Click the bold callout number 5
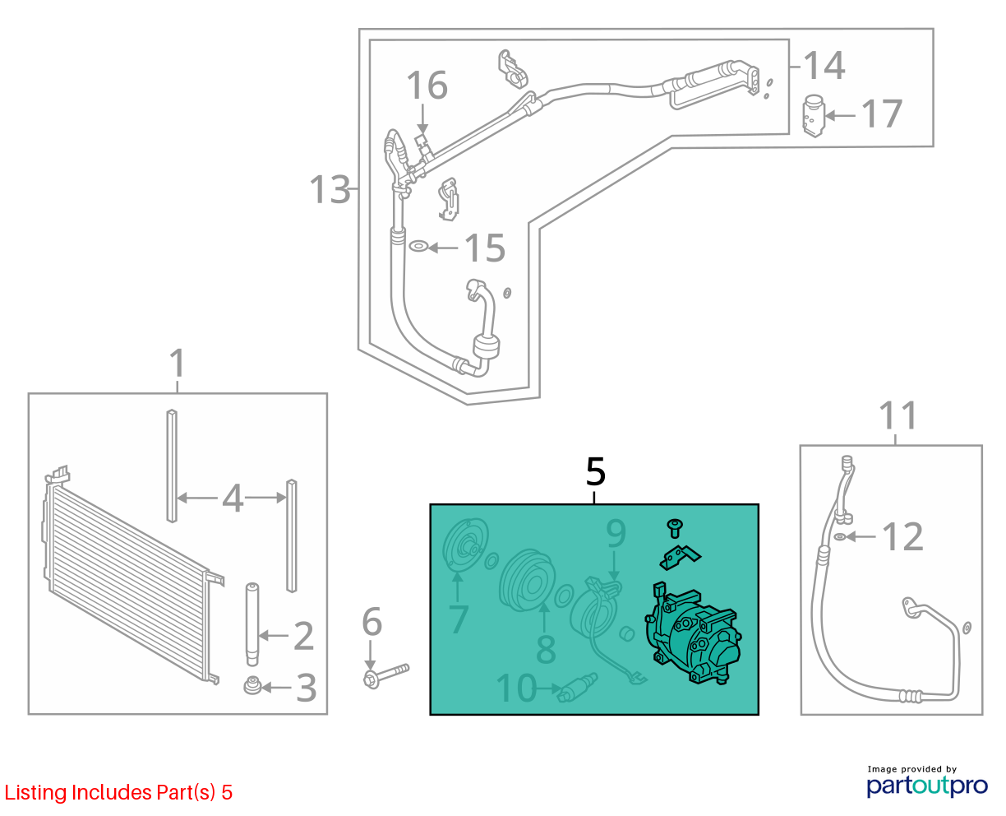coord(595,471)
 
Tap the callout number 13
coord(330,189)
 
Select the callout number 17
coord(881,114)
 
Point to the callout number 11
coord(898,415)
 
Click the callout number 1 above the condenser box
coord(177,363)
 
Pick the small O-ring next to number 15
coord(418,246)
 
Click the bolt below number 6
coord(385,675)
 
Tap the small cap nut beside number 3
coord(252,685)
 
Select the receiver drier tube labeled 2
coord(251,625)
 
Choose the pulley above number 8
coord(528,581)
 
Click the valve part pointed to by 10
coord(578,688)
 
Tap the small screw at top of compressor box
coord(675,528)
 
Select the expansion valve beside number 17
coord(813,116)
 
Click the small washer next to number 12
coord(840,536)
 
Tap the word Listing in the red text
coord(35,793)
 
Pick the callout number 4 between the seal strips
coord(233,498)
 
